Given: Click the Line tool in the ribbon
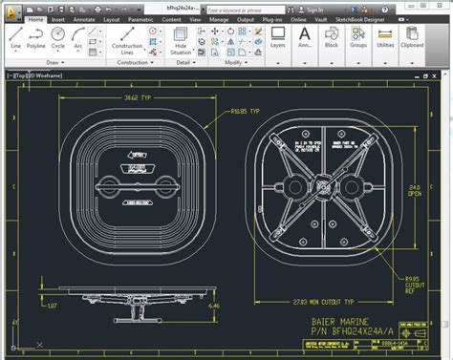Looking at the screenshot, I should tap(15, 36).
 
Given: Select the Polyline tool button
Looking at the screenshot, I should tap(36, 36).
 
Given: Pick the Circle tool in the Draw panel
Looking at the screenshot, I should tap(58, 36).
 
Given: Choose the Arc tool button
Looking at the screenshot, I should tap(77, 36).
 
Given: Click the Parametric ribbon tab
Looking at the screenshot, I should tap(140, 18).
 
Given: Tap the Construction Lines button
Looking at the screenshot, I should tap(127, 40).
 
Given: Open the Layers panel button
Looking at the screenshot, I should tap(278, 37).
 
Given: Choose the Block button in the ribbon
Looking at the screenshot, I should tap(332, 37).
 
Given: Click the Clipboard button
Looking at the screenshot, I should tap(412, 37).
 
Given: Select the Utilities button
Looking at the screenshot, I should tap(385, 37).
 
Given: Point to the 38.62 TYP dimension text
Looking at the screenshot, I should tap(140, 97).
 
